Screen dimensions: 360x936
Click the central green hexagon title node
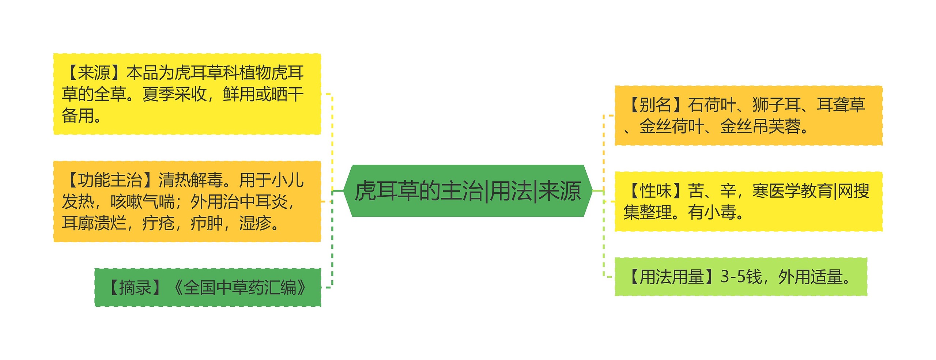pos(468,191)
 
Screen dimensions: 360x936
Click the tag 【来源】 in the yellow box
pos(94,73)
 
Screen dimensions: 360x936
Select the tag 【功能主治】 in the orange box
pos(110,180)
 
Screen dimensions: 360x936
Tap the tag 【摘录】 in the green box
pos(135,288)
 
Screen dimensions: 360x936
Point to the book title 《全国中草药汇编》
pos(240,288)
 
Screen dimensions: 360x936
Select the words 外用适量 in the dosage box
pos(809,277)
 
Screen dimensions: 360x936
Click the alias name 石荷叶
pos(712,105)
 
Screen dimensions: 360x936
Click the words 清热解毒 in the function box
pos(190,180)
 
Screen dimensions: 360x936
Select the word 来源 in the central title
pos(560,191)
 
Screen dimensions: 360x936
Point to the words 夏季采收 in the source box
pos(174,94)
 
